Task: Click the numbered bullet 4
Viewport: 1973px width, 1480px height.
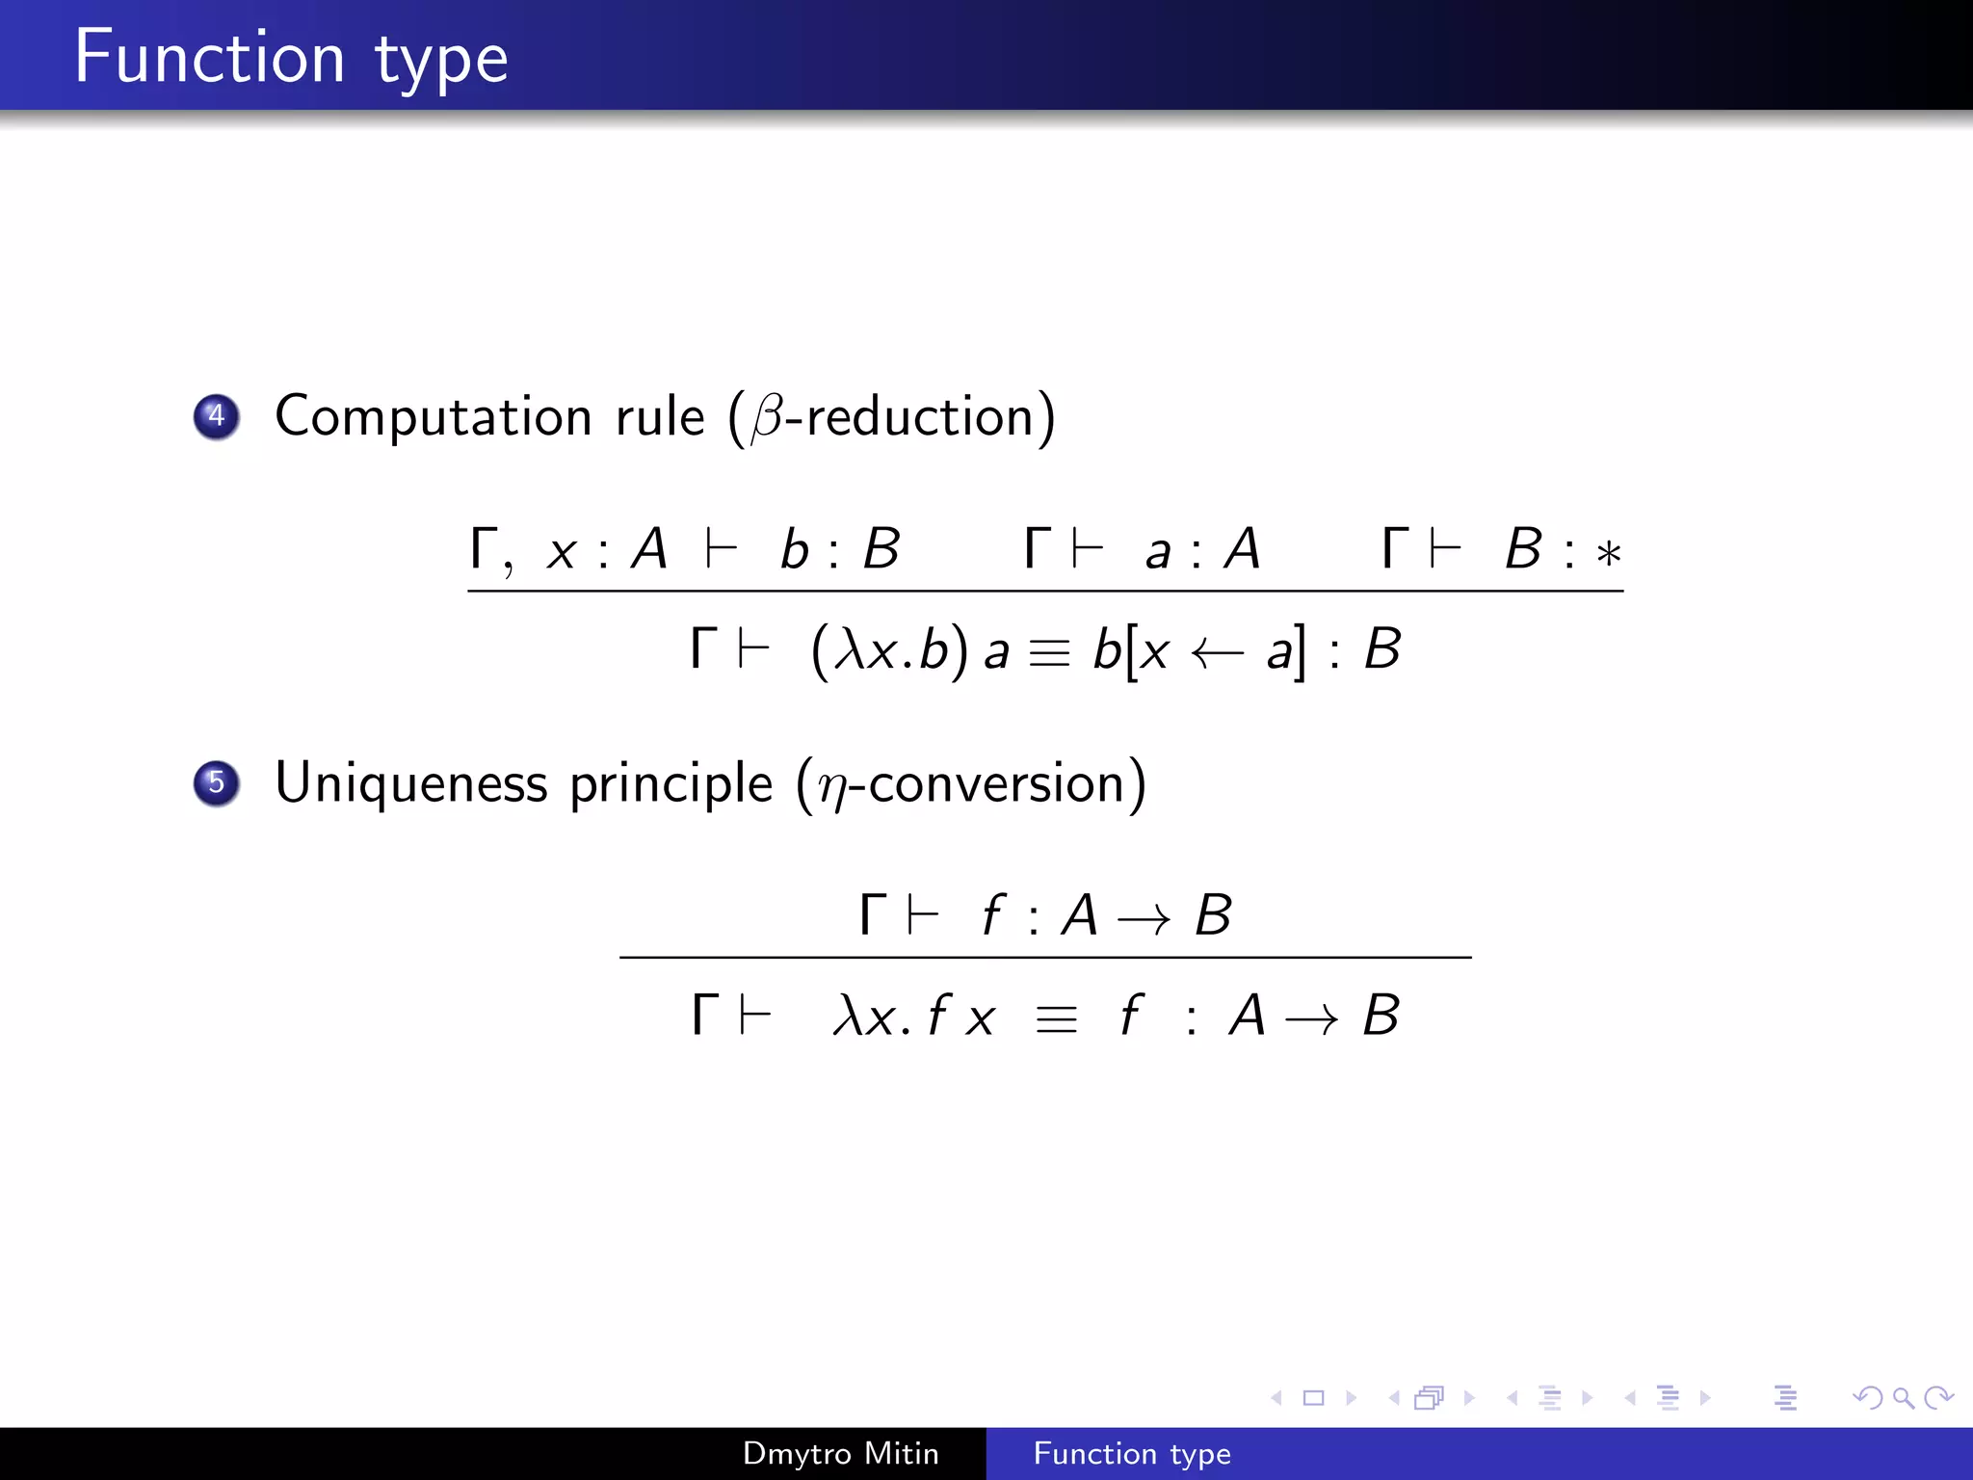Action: tap(217, 416)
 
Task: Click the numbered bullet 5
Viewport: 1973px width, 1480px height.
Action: tap(217, 782)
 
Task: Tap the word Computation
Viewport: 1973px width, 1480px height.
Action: tap(433, 417)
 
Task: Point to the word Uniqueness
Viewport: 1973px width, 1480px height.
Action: tap(411, 782)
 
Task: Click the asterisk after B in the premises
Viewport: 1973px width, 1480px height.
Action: tap(1608, 554)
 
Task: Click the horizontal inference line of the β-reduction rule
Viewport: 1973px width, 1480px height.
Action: tap(1045, 591)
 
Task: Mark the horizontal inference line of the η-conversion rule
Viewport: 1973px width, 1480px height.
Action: tap(1045, 957)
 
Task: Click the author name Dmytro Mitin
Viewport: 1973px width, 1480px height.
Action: tap(840, 1453)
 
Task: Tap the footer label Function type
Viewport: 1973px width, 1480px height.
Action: tap(1132, 1453)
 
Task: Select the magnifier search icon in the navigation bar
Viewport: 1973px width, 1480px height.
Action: tap(1903, 1397)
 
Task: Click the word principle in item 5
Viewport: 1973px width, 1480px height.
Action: tap(671, 784)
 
